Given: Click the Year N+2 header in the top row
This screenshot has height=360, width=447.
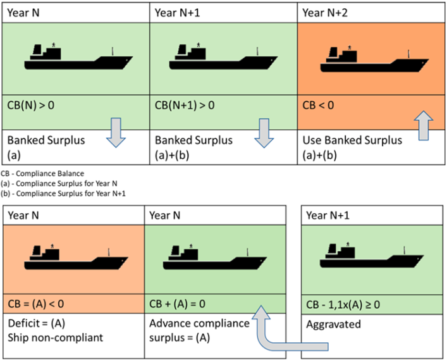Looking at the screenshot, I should pyautogui.click(x=324, y=11).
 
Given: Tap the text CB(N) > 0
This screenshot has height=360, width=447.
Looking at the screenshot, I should pyautogui.click(x=30, y=104).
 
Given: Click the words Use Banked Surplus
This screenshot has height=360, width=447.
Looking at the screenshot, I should pyautogui.click(x=351, y=140).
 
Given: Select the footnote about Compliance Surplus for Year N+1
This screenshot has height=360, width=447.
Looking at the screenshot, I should pyautogui.click(x=61, y=192).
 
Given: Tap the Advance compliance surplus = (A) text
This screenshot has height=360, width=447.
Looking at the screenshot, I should pyautogui.click(x=200, y=330).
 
